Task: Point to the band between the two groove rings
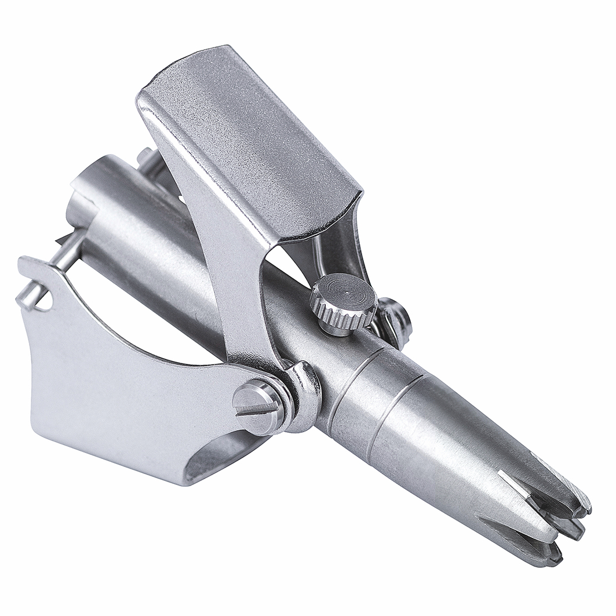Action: click(377, 394)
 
